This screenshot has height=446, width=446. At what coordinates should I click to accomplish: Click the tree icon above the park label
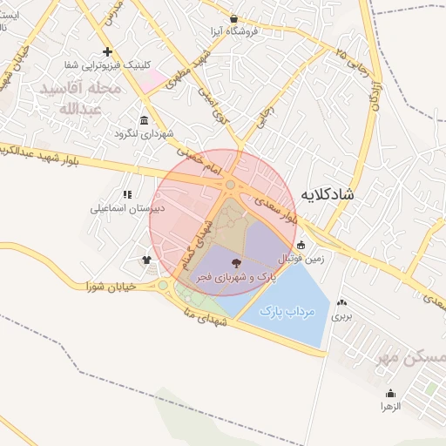pos(237,262)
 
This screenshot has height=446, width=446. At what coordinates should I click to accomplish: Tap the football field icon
pos(301,245)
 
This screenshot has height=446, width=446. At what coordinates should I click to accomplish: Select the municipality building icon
pos(144,121)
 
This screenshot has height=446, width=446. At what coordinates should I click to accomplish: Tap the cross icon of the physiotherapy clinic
pos(107,51)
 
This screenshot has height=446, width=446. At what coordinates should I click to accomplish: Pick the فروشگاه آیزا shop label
pos(233,31)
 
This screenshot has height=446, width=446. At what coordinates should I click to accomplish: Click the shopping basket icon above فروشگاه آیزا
pos(233,18)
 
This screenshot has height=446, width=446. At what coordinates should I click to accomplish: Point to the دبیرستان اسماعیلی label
pos(127,209)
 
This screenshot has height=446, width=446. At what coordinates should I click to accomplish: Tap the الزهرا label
pos(389,406)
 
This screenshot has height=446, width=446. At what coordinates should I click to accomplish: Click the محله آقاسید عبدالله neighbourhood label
pos(80,98)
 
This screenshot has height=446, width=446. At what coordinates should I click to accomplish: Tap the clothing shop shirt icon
pos(145,260)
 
